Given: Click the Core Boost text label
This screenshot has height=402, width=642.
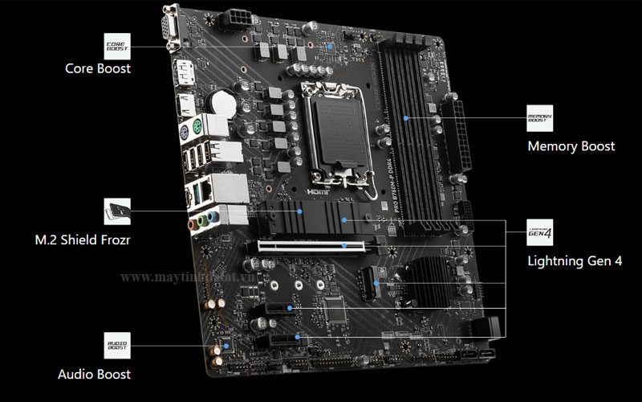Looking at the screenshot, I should pos(98,68).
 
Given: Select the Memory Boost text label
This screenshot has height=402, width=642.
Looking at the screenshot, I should pos(571,146).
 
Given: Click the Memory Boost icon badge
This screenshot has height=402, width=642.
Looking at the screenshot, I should pos(539,118).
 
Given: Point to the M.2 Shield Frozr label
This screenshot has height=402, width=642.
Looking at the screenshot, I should pos(83,240).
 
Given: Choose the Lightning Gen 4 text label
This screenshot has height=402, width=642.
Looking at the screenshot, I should pos(575,260).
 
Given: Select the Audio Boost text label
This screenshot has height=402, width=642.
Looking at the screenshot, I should pos(94,374).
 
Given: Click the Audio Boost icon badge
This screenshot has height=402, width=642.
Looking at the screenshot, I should pos(116,345).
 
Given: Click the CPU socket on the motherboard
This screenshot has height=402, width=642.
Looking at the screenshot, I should pos(337,129).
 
